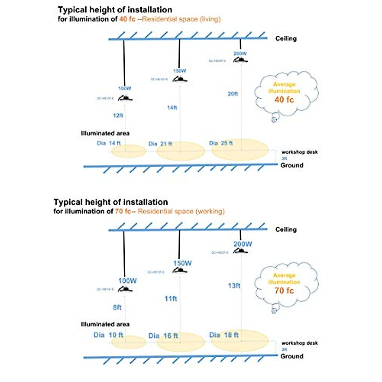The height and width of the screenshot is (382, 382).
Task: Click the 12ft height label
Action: [x=118, y=115]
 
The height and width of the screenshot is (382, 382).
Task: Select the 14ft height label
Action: [x=172, y=108]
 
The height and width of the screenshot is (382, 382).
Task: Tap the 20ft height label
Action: [x=233, y=94]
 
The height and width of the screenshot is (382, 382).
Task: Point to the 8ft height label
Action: [x=117, y=308]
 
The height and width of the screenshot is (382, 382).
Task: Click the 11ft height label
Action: [x=171, y=299]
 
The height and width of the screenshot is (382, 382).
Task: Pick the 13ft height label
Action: [x=234, y=286]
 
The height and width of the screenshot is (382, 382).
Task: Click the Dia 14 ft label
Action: [x=109, y=143]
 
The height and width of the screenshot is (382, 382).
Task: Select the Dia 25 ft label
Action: [x=221, y=143]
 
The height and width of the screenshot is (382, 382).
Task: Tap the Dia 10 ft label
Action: [x=108, y=335]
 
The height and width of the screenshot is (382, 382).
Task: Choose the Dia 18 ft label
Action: [x=224, y=335]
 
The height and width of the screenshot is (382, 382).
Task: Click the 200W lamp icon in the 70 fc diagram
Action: [x=240, y=251]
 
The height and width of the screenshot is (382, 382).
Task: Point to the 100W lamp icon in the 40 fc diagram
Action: [x=125, y=98]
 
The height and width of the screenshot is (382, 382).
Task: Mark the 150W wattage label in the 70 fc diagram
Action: [x=182, y=263]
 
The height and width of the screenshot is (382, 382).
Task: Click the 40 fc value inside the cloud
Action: [x=284, y=100]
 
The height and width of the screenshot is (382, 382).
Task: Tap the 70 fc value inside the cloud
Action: [x=284, y=291]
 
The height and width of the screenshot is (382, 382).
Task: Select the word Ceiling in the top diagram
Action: [x=286, y=39]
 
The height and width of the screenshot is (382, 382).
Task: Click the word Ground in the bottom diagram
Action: [x=292, y=356]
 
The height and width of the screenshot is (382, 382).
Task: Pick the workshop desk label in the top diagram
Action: [x=300, y=152]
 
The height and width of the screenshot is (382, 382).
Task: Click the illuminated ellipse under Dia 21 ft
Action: [x=180, y=152]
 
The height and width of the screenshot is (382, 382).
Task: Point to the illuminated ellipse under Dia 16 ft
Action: [x=180, y=343]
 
